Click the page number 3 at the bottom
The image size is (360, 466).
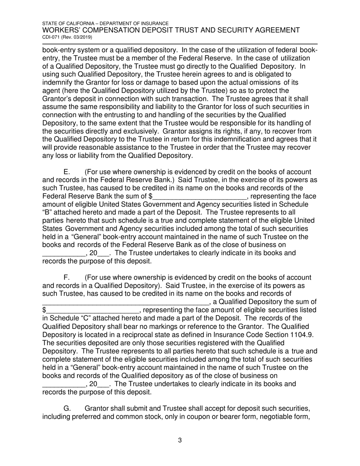pos(180,440)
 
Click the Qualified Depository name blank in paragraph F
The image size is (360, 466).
pos(125,302)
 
